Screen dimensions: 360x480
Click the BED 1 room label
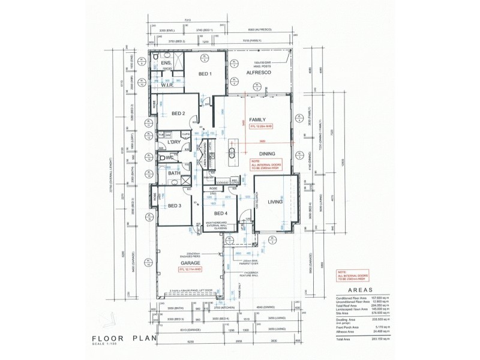pyautogui.click(x=205, y=74)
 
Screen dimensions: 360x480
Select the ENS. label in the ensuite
pyautogui.click(x=166, y=63)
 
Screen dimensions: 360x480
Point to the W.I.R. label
pyautogui.click(x=167, y=85)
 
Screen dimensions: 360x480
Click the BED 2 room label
pyautogui.click(x=178, y=113)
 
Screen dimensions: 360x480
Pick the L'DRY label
pyautogui.click(x=175, y=142)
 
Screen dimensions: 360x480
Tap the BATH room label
pyautogui.click(x=174, y=173)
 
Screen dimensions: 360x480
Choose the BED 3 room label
pyautogui.click(x=175, y=206)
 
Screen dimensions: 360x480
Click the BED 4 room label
pyautogui.click(x=220, y=214)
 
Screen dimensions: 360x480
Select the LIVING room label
pyautogui.click(x=275, y=202)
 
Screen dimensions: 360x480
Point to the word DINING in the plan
pyautogui.click(x=267, y=154)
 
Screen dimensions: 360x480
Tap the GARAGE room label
pyautogui.click(x=190, y=263)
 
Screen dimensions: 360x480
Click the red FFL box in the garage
pyautogui.click(x=191, y=271)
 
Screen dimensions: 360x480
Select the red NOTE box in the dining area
pyautogui.click(x=265, y=164)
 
